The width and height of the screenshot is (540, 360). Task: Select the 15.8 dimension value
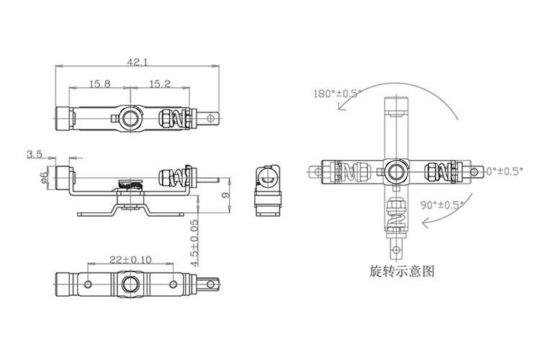pos(99,84)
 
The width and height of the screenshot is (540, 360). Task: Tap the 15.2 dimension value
pos(159,84)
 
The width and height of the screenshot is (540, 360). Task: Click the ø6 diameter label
pos(44,177)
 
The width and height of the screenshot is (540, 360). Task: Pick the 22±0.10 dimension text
pos(131,260)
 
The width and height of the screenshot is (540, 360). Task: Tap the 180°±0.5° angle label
pos(336,94)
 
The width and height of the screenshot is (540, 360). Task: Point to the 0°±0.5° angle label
pos(503,171)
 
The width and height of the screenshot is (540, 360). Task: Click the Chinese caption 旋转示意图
pos(401,272)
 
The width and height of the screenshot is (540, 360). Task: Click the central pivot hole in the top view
pos(131,117)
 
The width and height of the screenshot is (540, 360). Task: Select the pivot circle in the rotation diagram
pos(395,171)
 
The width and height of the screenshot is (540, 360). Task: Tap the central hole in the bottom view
pos(131,283)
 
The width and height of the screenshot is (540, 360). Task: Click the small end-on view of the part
pos(269,189)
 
